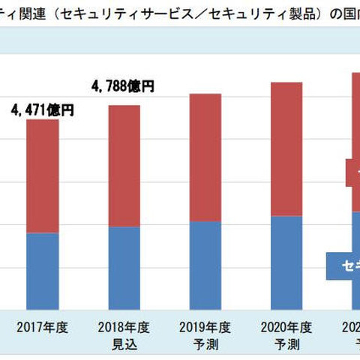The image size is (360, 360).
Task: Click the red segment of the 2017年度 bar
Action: (x=52, y=176)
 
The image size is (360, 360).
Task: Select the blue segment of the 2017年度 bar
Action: (x=52, y=270)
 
